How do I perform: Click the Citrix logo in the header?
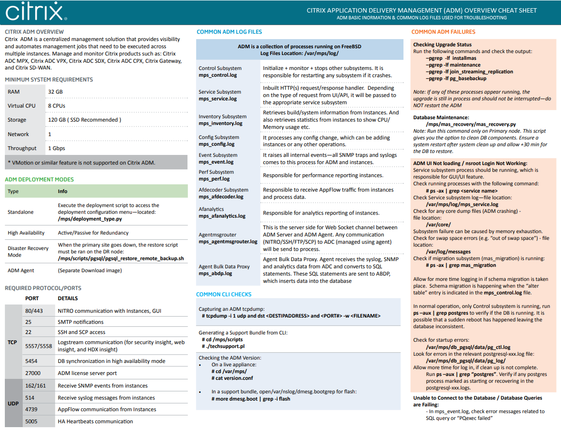35,13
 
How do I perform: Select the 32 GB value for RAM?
55,92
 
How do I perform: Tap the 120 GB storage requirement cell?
85,120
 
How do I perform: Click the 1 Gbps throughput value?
57,148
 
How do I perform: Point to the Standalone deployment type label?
21,212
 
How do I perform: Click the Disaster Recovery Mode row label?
28,251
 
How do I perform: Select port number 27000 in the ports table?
33,373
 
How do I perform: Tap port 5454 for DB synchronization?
31,361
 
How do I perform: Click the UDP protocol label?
13,403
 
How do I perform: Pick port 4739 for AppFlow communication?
31,409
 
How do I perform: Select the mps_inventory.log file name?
220,124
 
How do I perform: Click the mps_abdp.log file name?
216,274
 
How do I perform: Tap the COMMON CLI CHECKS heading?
224,294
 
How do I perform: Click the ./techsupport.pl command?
223,347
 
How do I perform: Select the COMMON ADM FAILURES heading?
443,32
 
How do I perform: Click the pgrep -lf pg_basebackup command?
456,79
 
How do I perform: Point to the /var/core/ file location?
438,224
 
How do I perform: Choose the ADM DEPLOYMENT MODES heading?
39,180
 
